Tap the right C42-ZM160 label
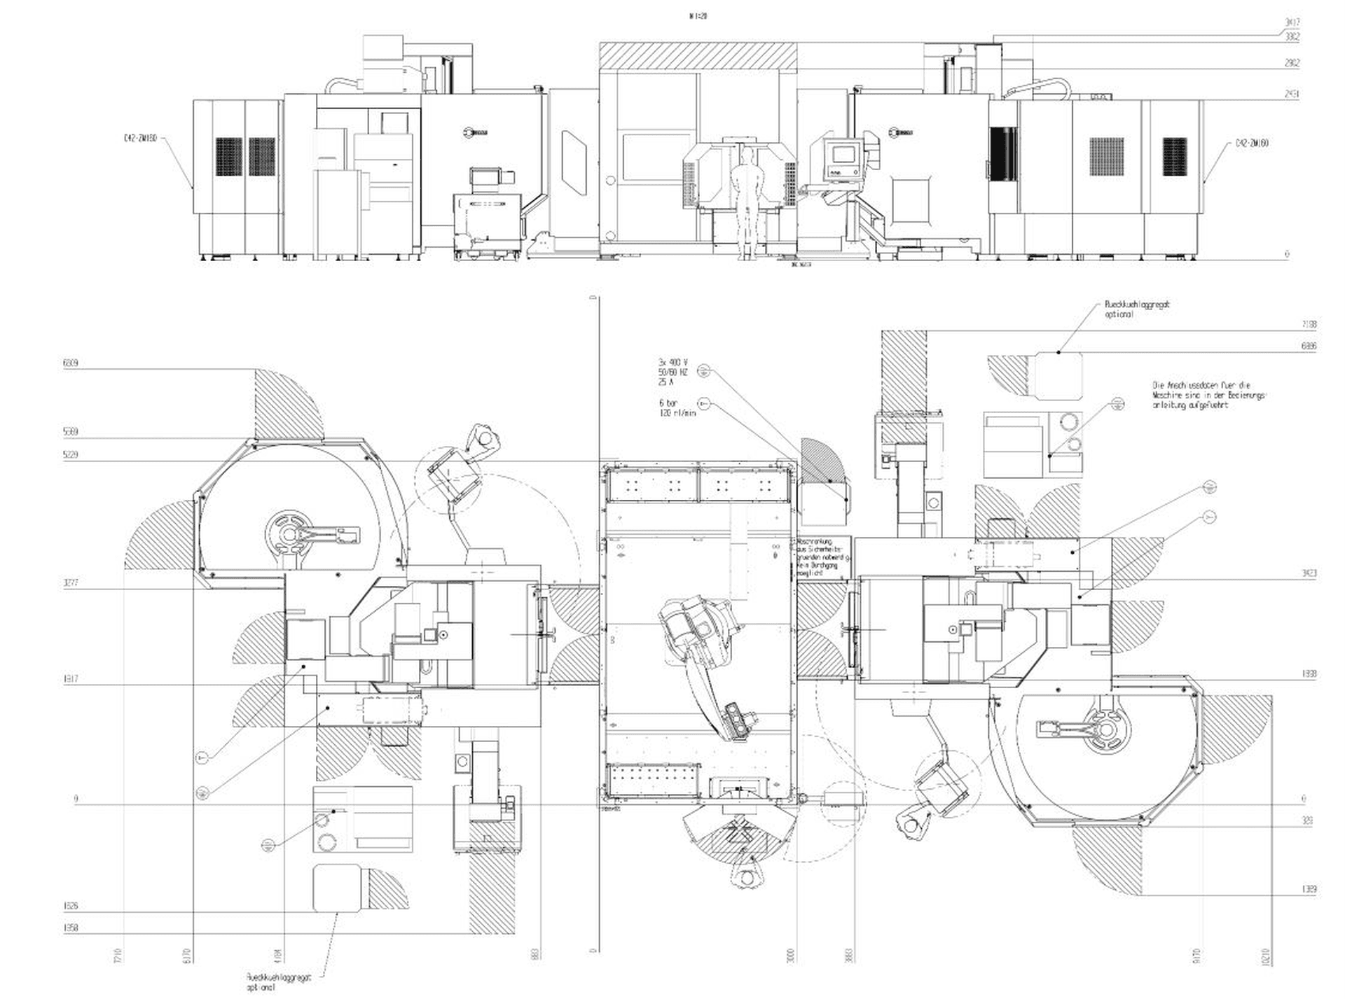pos(1252,144)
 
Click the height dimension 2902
pos(1292,63)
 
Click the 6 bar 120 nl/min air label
pos(677,408)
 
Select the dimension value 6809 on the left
pos(70,363)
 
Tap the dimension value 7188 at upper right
pos(1309,324)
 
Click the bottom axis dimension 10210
pos(1266,956)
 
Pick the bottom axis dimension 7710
pos(117,956)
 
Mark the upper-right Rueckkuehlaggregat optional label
pos(1136,309)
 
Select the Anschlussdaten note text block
pos(1208,395)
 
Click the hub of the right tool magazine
pos(1105,729)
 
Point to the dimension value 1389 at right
pos(1309,889)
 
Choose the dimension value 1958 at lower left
pos(70,928)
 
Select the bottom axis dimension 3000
pos(791,956)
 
